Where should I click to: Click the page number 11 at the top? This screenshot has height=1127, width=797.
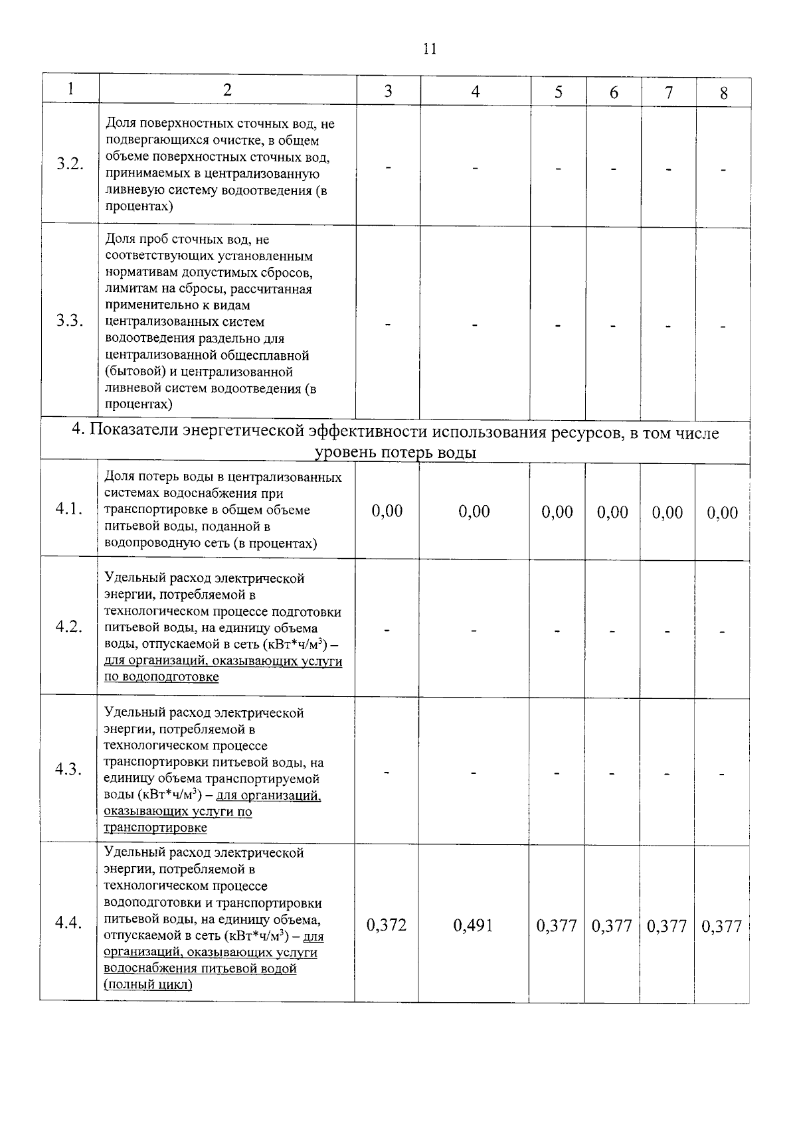429,49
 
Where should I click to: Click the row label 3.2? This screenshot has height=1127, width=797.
70,165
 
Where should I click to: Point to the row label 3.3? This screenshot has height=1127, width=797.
70,321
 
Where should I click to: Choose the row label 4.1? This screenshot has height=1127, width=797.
69,509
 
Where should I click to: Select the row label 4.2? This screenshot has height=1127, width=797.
69,627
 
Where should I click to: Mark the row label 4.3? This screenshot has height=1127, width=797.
69,769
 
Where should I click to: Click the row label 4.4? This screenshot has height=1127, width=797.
68,923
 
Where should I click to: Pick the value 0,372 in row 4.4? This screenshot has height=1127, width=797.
387,925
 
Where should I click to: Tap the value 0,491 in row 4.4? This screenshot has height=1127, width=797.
473,925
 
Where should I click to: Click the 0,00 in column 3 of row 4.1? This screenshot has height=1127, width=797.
387,510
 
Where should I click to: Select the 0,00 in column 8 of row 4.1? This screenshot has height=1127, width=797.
723,512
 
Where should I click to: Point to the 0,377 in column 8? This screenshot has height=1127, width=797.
722,926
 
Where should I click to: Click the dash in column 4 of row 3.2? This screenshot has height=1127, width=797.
476,168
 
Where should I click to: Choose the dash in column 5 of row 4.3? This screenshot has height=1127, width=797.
558,773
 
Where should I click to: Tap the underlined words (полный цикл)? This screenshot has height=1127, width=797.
148,985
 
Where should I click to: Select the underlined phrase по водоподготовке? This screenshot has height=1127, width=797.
161,677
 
